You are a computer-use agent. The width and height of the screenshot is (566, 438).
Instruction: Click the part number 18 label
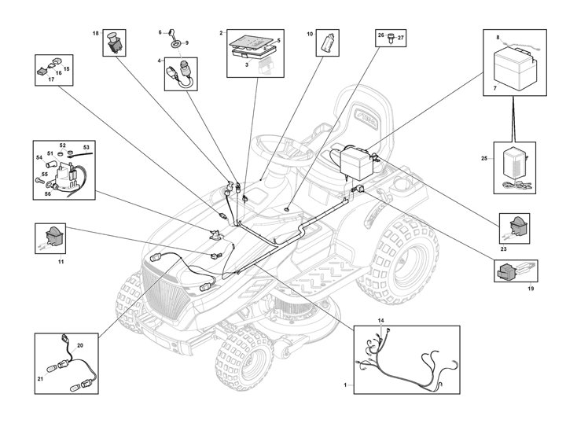coord(95,34)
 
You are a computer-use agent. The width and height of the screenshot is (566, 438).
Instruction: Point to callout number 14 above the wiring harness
coord(381,321)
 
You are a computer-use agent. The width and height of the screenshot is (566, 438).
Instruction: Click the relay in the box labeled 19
coord(509,271)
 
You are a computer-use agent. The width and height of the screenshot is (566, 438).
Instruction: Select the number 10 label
coord(310,35)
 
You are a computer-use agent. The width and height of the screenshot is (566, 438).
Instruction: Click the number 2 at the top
coord(222,34)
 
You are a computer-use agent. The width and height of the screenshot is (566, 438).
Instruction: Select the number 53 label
coord(86,147)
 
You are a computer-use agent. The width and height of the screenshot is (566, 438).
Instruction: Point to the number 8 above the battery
coord(497,37)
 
